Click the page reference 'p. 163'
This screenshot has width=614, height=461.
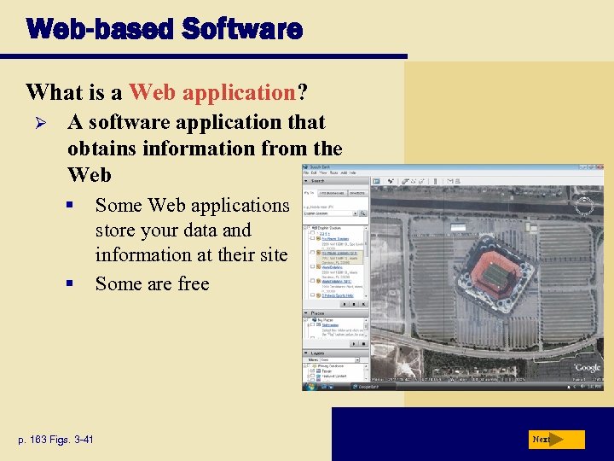38,440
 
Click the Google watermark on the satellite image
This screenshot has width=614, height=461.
587,367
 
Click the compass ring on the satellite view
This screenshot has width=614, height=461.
584,206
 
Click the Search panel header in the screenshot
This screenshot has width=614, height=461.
318,181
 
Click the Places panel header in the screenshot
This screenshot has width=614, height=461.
317,312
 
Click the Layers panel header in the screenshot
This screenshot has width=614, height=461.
317,352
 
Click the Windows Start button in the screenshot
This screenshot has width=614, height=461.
308,386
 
